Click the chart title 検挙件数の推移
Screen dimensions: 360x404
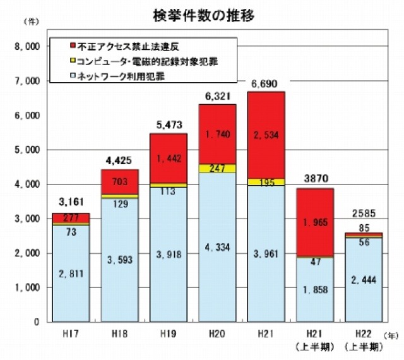(203, 15)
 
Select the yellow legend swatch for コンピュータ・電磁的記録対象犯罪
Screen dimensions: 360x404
(74, 61)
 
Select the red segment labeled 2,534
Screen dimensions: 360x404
(266, 136)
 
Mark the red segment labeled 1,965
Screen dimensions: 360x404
(315, 222)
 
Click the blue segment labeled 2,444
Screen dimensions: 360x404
(364, 279)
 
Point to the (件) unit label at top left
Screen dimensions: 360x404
(30, 22)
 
